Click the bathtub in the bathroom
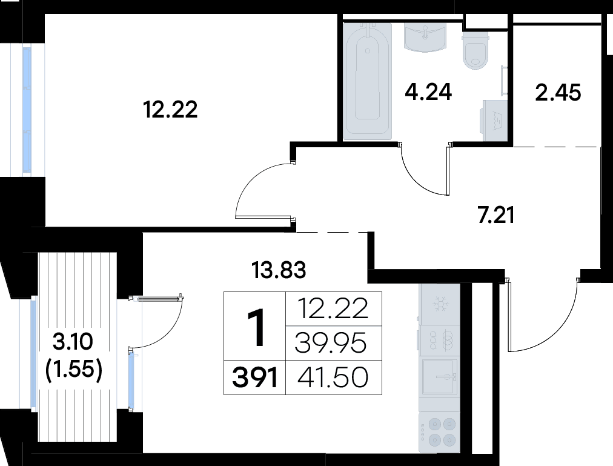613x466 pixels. coord(367,81)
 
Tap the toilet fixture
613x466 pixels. coord(475,51)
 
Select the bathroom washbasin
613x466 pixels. coord(425,38)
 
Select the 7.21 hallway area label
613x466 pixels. coord(495,215)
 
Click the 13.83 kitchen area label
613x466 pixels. coord(279,268)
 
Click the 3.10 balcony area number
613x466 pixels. coord(73,343)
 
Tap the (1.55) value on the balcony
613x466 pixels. coord(73,368)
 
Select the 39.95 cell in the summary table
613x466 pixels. coord(331,344)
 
